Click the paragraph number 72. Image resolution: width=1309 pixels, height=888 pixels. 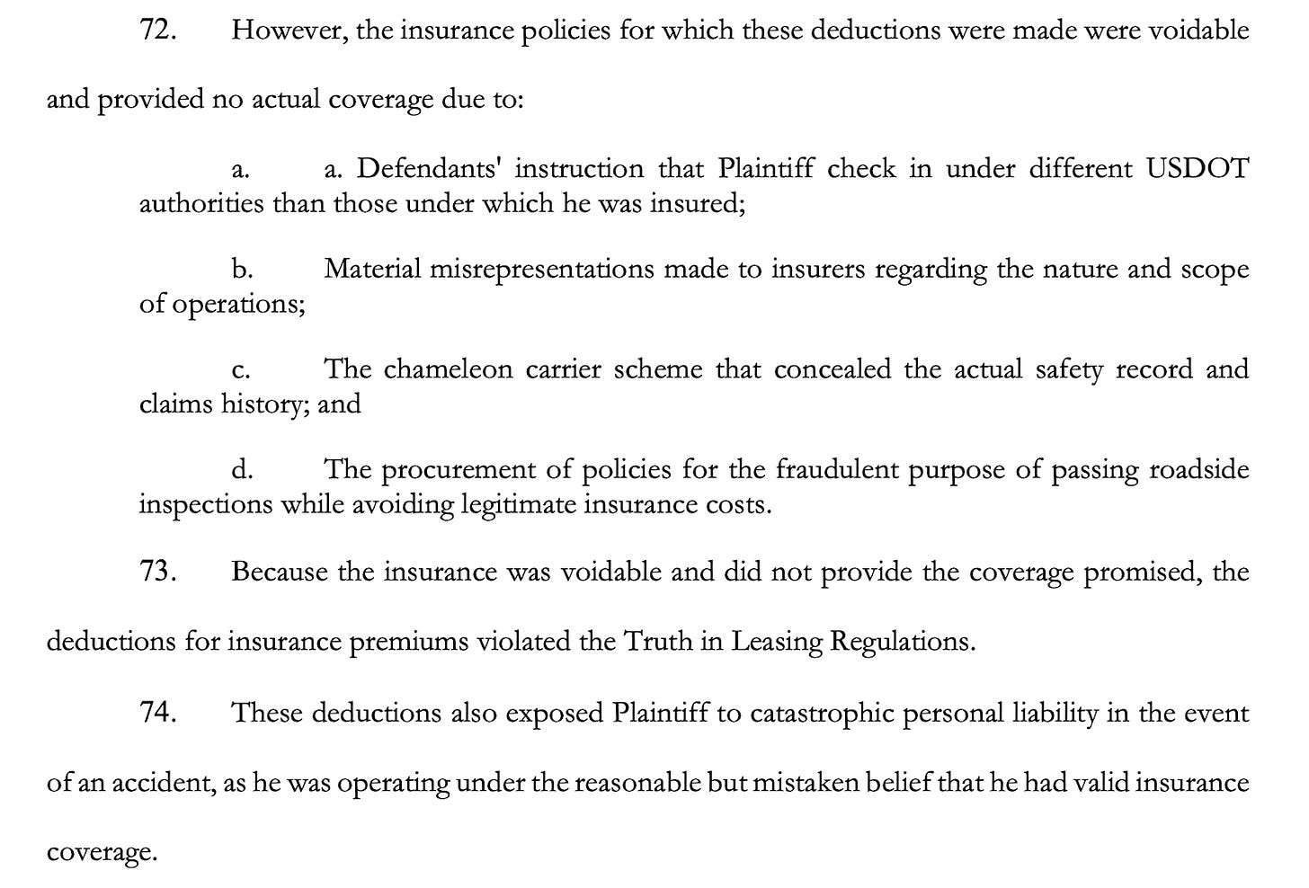[x=159, y=31]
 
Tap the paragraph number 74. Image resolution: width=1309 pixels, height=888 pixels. [x=159, y=714]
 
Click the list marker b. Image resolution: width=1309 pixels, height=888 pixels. [x=241, y=270]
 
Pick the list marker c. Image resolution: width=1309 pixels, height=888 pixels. [x=240, y=370]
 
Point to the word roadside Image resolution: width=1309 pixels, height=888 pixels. [x=1199, y=470]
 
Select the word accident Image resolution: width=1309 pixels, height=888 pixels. [x=163, y=784]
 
